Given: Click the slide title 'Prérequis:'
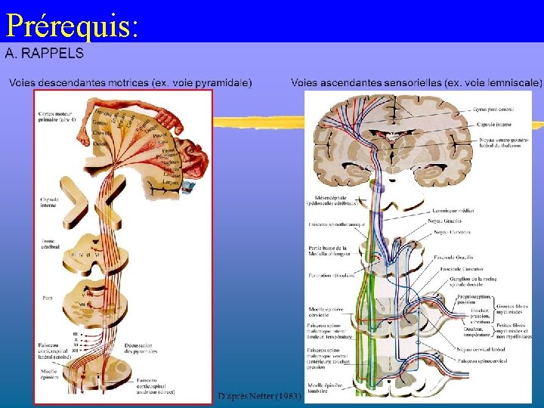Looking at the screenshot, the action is (x=72, y=26).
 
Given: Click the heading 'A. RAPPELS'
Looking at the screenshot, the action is (x=45, y=54).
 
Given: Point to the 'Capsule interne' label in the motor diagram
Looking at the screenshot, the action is (x=50, y=201).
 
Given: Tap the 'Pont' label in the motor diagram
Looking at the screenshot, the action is (x=48, y=298).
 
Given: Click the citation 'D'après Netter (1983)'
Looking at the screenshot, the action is (x=259, y=395).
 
